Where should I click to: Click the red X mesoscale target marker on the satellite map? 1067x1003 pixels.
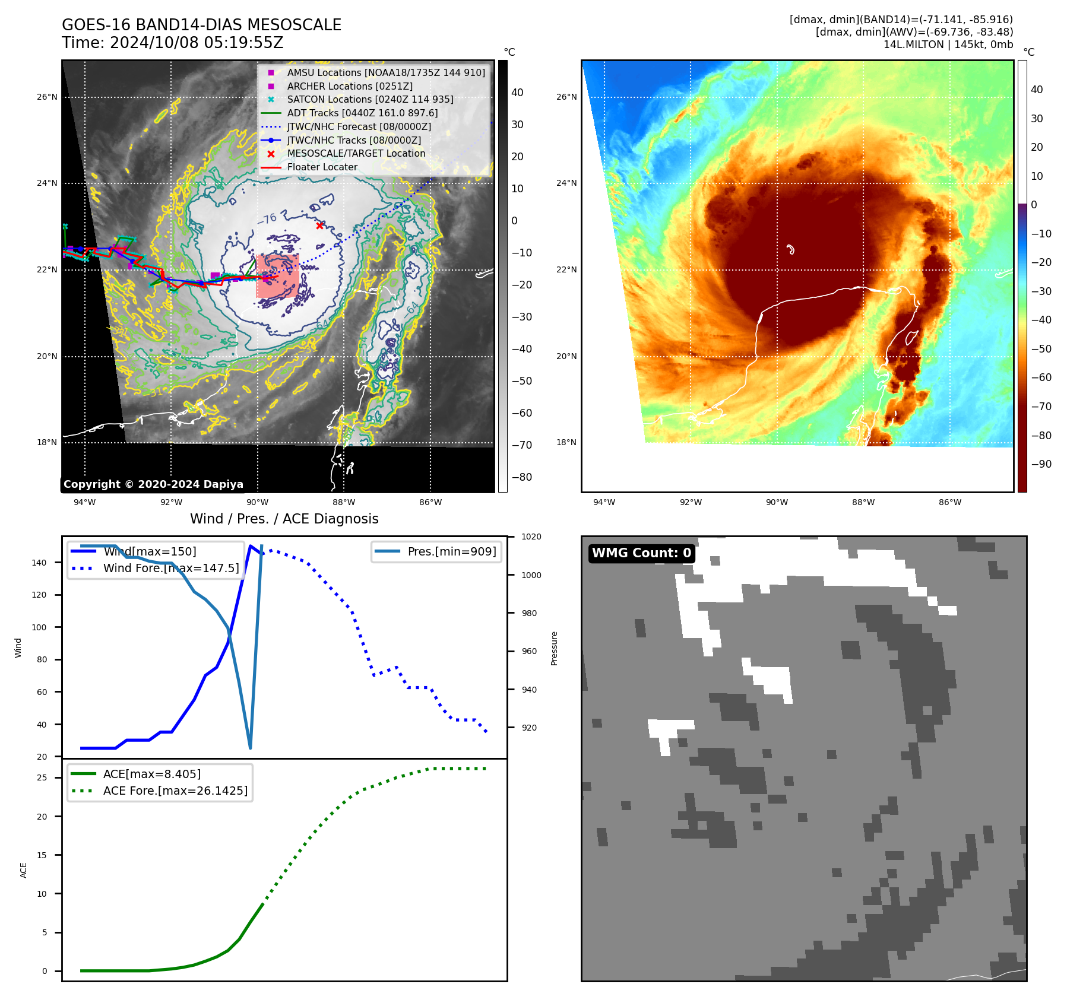tap(319, 226)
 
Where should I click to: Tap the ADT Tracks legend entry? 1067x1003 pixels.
tap(362, 113)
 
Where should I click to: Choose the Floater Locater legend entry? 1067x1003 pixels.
tap(322, 167)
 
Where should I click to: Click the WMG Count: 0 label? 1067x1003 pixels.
tap(641, 553)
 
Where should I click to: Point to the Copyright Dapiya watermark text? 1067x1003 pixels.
tap(153, 484)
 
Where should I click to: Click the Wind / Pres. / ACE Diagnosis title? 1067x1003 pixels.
tap(284, 519)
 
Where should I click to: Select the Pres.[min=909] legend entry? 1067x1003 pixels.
tap(451, 551)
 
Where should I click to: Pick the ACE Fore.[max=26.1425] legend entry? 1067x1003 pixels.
tap(175, 791)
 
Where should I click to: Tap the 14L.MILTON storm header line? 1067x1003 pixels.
tap(948, 45)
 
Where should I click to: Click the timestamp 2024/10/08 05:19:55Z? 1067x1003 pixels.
tap(196, 43)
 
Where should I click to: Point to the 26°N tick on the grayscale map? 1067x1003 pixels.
tap(47, 97)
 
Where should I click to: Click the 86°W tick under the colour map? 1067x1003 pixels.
tap(950, 502)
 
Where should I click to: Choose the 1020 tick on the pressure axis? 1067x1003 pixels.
tap(531, 537)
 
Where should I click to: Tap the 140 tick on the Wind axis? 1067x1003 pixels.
tap(39, 563)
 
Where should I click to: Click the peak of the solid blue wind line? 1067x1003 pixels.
tap(251, 546)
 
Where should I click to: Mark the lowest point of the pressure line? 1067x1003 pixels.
tap(250, 748)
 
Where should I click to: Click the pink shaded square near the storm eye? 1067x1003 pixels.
tap(277, 276)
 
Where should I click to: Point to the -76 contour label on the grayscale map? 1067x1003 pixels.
tap(267, 219)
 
